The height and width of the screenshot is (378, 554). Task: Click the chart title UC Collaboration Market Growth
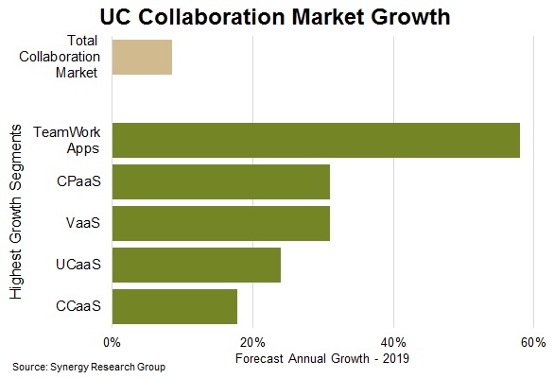click(x=277, y=16)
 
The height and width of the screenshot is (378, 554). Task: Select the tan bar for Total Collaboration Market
click(x=142, y=58)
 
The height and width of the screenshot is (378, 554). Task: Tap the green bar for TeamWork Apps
click(x=316, y=140)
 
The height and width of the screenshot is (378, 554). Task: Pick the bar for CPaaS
click(x=220, y=181)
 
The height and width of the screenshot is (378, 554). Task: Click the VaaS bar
click(x=220, y=223)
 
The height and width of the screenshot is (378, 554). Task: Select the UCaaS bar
click(x=196, y=265)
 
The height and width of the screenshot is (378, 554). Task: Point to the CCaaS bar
click(x=174, y=306)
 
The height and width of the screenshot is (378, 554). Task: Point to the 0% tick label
click(x=112, y=341)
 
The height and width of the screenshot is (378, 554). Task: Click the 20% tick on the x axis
click(x=252, y=341)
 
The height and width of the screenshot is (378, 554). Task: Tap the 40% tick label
click(x=393, y=341)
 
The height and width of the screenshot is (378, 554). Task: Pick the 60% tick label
click(x=533, y=341)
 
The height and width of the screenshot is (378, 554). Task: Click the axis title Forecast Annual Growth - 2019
click(x=314, y=358)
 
